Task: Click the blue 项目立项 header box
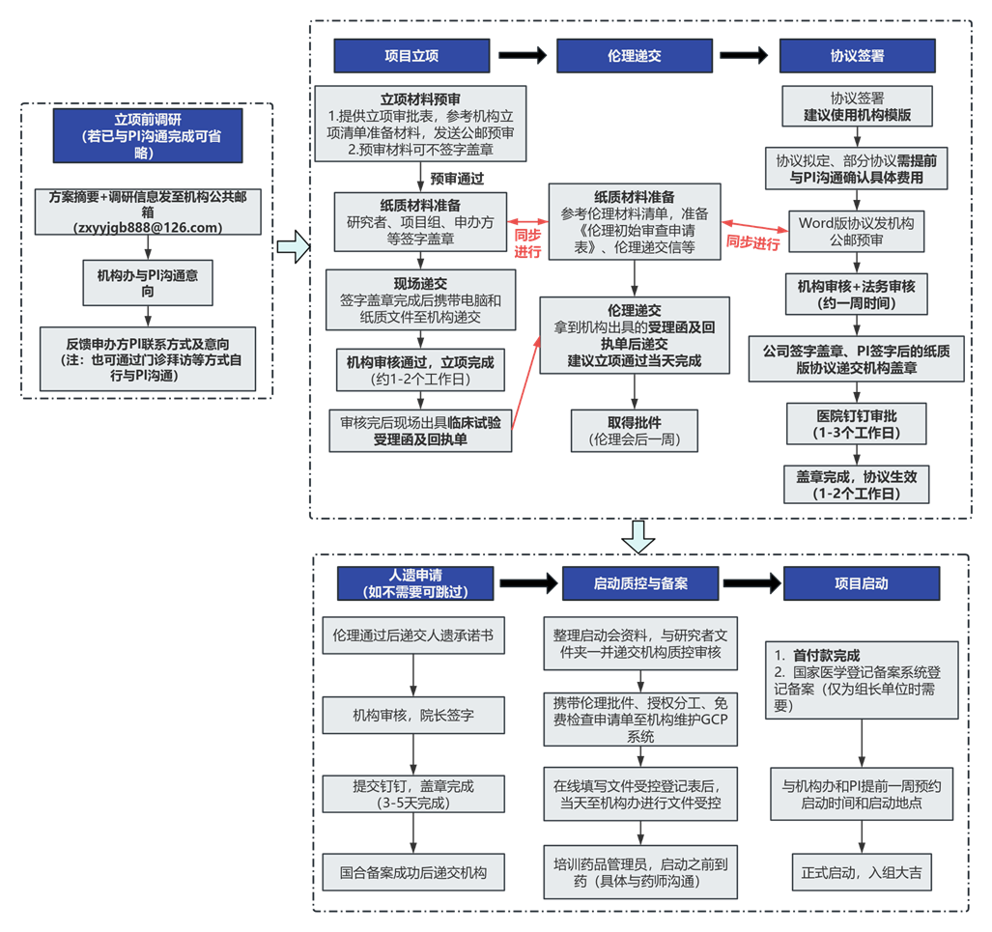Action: [411, 56]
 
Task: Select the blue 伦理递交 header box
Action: [634, 56]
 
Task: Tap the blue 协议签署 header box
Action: [857, 56]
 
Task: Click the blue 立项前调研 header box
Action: [148, 136]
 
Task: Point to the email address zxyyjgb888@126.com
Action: [148, 228]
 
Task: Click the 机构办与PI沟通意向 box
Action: [148, 283]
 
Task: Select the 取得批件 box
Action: [634, 432]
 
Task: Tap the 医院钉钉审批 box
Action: [856, 424]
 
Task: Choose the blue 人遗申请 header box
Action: [414, 583]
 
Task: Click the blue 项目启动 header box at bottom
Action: [861, 583]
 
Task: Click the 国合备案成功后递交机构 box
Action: [412, 873]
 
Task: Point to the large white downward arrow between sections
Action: [638, 537]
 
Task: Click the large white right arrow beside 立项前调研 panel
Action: [292, 248]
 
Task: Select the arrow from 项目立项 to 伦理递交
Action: [523, 56]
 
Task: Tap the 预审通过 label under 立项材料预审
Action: [457, 179]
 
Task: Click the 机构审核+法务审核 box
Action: [856, 295]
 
